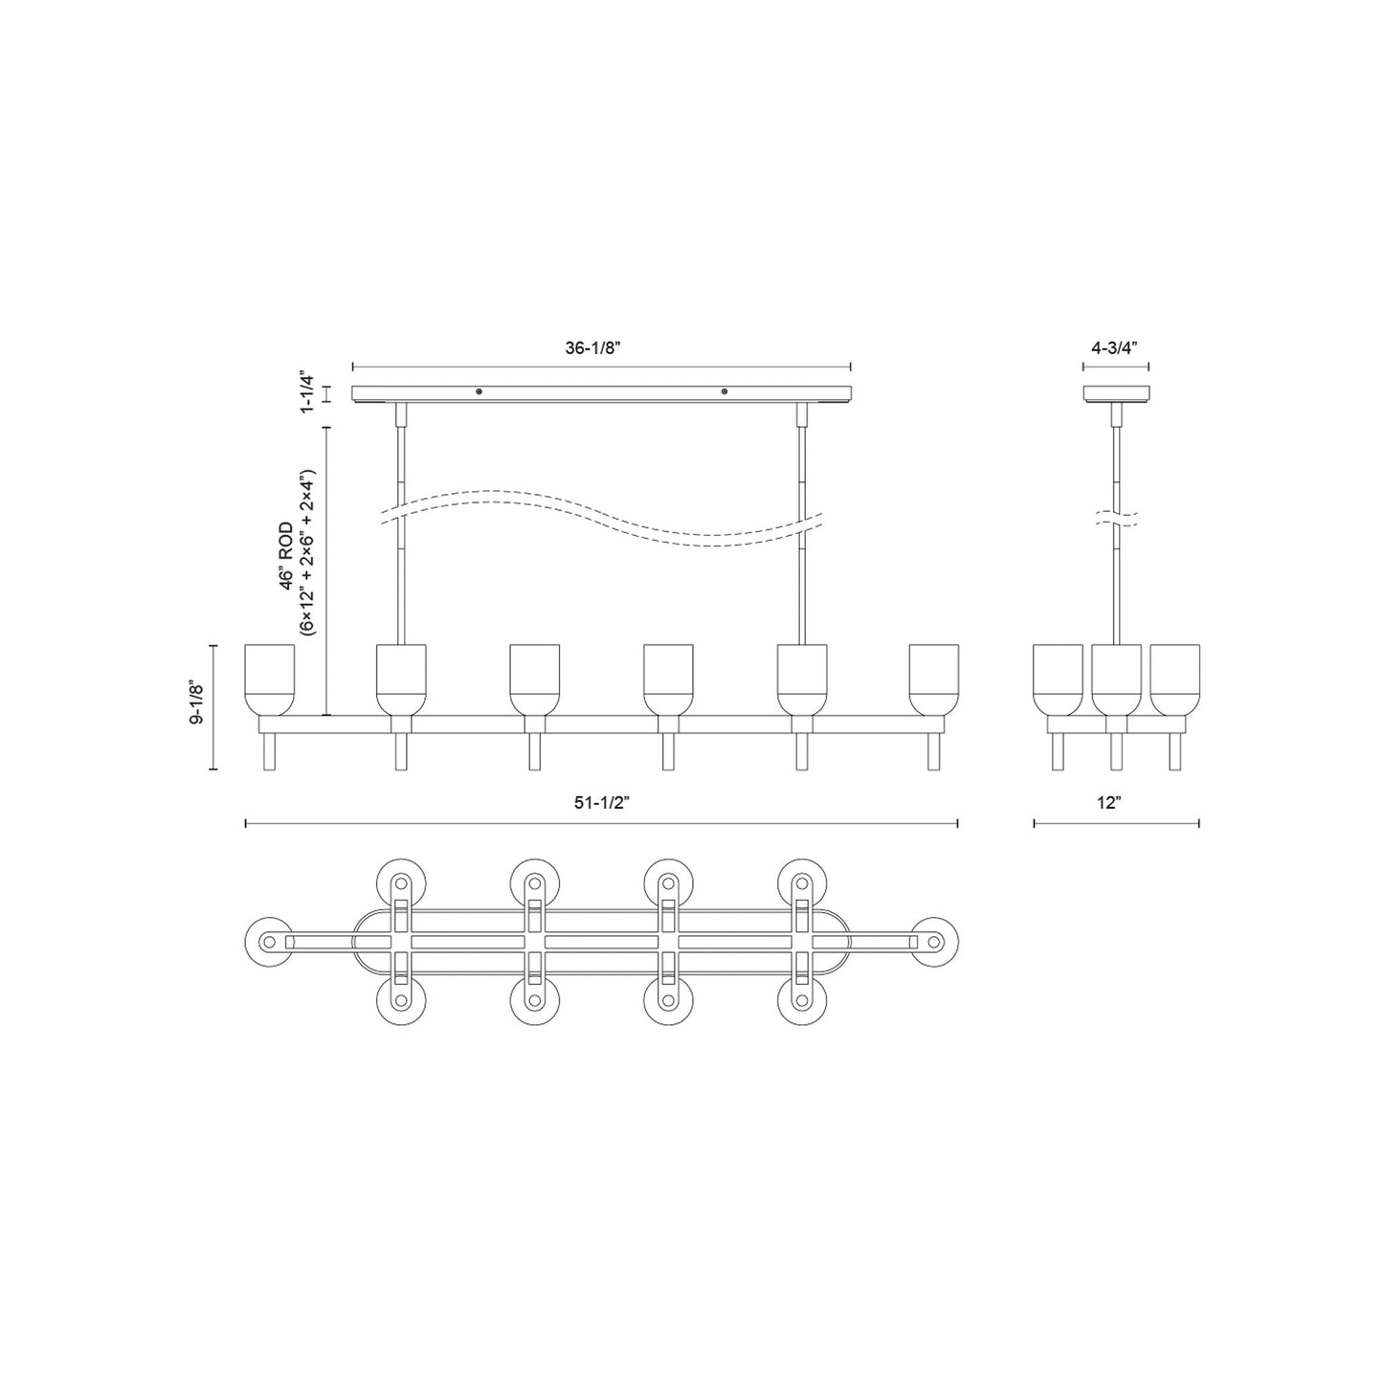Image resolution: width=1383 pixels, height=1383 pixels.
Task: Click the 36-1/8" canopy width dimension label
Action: tap(592, 348)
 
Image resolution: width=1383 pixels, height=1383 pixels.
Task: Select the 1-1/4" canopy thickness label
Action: tap(307, 392)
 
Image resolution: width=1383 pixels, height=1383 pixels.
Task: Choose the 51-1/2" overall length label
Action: tap(600, 805)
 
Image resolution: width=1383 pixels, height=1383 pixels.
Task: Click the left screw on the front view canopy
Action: tap(480, 390)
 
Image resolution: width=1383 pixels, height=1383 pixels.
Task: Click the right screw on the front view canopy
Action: tap(725, 390)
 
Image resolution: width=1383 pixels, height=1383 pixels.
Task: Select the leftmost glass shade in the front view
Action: tap(269, 680)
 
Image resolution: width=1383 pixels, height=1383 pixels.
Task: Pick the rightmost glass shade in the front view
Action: tap(933, 680)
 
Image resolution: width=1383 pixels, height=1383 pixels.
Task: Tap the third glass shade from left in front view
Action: tap(534, 680)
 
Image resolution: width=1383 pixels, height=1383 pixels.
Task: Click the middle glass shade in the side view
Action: tap(1116, 680)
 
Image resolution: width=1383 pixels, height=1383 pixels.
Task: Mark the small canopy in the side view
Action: tap(1116, 393)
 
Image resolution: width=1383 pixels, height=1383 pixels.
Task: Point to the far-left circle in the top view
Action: tap(269, 942)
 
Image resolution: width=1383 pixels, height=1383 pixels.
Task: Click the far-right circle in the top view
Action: tap(935, 942)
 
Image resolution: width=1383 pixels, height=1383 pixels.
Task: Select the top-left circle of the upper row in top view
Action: tap(401, 881)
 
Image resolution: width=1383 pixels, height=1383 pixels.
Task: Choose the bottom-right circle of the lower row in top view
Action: tap(802, 1001)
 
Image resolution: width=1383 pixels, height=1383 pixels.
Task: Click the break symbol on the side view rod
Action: tap(1116, 519)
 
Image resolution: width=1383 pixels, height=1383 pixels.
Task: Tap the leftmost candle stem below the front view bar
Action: tap(269, 752)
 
